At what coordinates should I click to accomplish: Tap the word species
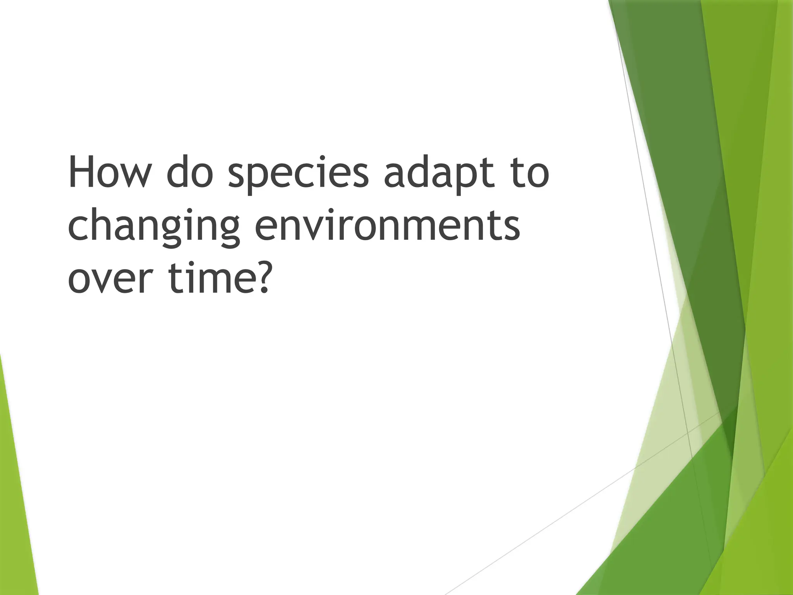(298, 174)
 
